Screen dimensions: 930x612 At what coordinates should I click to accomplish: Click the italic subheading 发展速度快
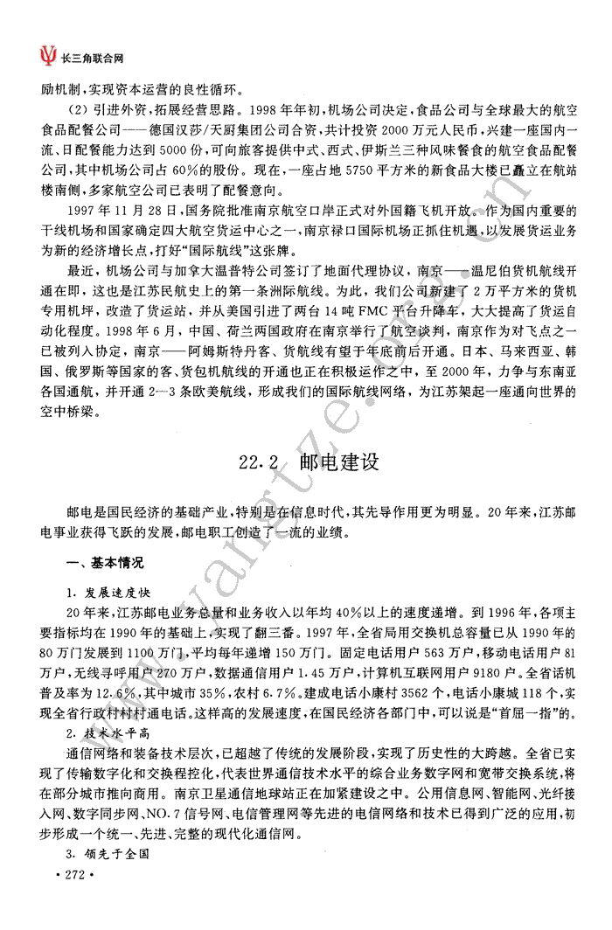pyautogui.click(x=119, y=593)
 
